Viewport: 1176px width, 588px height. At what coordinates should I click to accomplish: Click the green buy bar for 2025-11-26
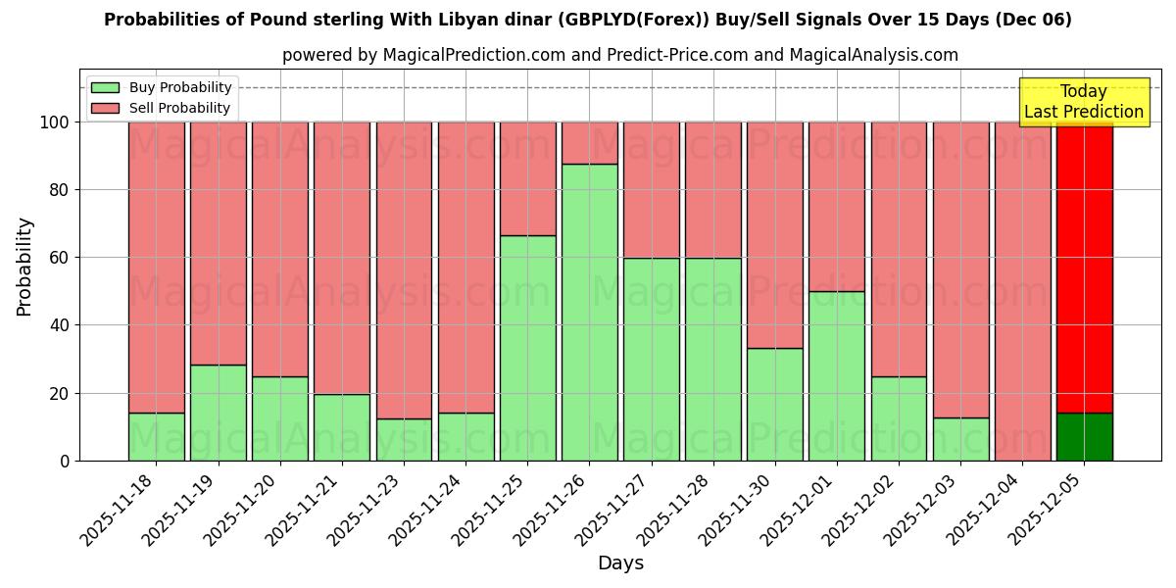(x=590, y=312)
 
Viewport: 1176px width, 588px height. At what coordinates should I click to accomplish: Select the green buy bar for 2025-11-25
(x=528, y=348)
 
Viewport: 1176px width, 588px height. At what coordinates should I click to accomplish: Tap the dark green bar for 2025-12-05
(x=1085, y=437)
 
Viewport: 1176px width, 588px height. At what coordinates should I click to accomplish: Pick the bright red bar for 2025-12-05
(x=1085, y=267)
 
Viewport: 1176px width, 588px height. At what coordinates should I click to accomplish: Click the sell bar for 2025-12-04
(x=1022, y=291)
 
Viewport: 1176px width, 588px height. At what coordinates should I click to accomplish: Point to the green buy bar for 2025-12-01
(x=837, y=375)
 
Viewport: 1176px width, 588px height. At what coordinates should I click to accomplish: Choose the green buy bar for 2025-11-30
(x=775, y=404)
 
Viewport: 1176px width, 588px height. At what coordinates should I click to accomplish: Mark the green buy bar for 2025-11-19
(x=219, y=413)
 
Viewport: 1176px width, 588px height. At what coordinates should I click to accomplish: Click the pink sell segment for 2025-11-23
(x=404, y=269)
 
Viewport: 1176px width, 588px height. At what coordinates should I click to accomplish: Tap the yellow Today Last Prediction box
(x=1084, y=102)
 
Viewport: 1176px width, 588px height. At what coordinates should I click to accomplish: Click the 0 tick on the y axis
(x=65, y=461)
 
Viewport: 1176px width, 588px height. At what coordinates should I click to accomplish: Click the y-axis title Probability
(x=24, y=267)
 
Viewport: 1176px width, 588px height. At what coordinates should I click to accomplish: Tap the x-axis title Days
(x=620, y=563)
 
